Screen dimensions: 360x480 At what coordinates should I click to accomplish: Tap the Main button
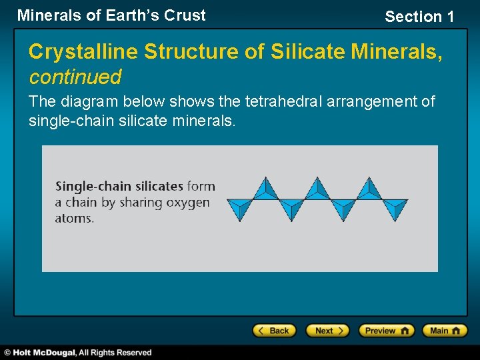pos(447,331)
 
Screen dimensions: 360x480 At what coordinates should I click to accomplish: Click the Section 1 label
pos(419,17)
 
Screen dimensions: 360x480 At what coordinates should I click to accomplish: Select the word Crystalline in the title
pos(80,51)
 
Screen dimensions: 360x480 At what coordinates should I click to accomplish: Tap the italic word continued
pos(75,77)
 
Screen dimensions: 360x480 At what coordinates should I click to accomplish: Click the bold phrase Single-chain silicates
pos(119,187)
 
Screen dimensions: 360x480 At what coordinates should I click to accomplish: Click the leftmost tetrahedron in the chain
pos(239,209)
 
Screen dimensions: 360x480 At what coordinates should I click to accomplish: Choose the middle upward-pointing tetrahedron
pos(317,189)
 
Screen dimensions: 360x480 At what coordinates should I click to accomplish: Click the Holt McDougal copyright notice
pos(78,353)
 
